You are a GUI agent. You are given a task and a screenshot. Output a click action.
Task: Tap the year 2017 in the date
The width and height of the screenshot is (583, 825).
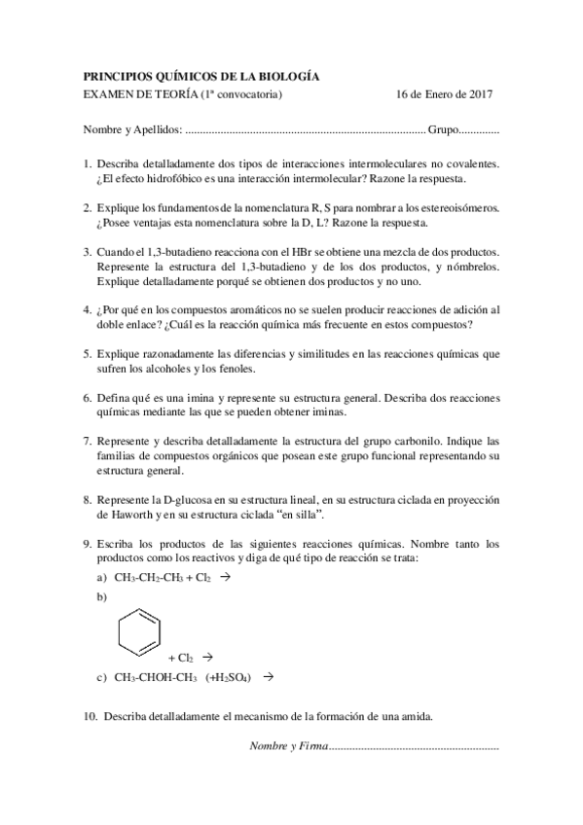pyautogui.click(x=478, y=94)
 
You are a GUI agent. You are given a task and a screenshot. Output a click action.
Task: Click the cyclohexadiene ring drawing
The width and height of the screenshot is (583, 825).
pyautogui.click(x=140, y=631)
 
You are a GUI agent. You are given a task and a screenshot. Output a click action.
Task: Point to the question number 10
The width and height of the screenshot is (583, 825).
pyautogui.click(x=91, y=716)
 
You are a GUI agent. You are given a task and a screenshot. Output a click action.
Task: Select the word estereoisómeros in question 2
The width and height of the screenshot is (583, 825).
pyautogui.click(x=451, y=207)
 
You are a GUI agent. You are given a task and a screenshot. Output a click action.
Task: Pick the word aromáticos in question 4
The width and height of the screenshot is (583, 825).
pyautogui.click(x=239, y=308)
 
